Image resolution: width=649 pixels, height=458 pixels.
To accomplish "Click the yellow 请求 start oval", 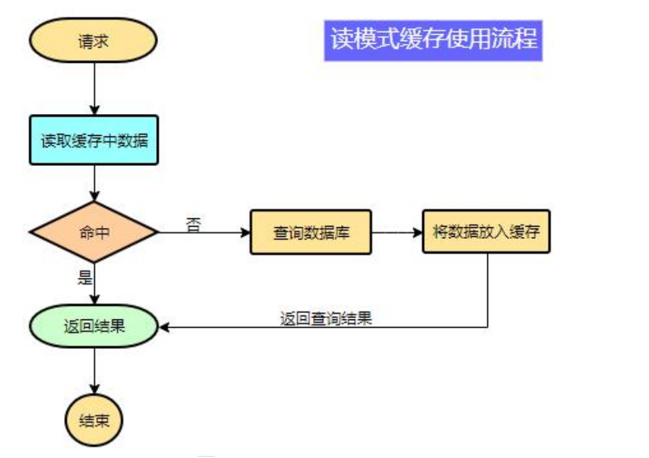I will pyautogui.click(x=93, y=40).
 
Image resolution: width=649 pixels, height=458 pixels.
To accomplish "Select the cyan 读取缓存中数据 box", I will pyautogui.click(x=93, y=140).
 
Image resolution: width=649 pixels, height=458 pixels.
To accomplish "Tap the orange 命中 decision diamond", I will pyautogui.click(x=93, y=232).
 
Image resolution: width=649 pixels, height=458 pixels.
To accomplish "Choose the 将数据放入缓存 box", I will pyautogui.click(x=486, y=231).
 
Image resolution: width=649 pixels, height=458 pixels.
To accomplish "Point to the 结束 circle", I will pyautogui.click(x=93, y=419).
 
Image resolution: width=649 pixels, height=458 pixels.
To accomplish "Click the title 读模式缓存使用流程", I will pyautogui.click(x=434, y=39).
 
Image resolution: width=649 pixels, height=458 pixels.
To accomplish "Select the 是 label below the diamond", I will pyautogui.click(x=85, y=276).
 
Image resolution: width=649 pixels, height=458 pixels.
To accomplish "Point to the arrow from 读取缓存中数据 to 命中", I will pyautogui.click(x=94, y=183).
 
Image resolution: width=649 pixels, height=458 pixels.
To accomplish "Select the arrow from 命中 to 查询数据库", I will pyautogui.click(x=205, y=233).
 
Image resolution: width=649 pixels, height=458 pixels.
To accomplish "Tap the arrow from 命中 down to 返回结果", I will pyautogui.click(x=94, y=283).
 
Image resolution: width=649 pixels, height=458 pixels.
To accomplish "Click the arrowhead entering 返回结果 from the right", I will pyautogui.click(x=164, y=327).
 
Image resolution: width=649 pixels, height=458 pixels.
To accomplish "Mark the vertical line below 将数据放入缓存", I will pyautogui.click(x=488, y=290).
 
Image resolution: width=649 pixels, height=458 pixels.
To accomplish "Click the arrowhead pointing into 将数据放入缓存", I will pyautogui.click(x=418, y=232).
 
